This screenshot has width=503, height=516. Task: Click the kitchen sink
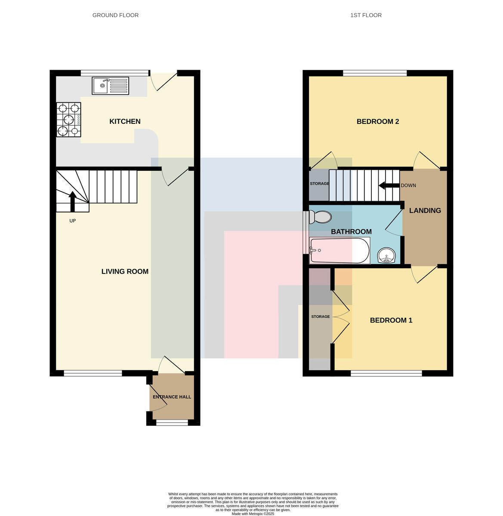[110, 86]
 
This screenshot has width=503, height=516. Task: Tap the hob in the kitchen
[68, 120]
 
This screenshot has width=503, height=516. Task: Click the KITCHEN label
[125, 121]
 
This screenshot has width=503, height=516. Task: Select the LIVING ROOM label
[125, 271]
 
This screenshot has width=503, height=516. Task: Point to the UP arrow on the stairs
[72, 202]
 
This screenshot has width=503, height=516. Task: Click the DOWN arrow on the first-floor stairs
[389, 185]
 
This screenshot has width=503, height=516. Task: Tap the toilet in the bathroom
[320, 217]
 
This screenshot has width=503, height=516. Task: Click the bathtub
[339, 251]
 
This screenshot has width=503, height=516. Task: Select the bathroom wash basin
[387, 255]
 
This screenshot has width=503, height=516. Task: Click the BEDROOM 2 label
[377, 121]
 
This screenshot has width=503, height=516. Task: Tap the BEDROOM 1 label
[391, 320]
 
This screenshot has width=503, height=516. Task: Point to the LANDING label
[425, 211]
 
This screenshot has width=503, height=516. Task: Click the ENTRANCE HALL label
[172, 397]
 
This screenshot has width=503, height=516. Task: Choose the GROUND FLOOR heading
[115, 15]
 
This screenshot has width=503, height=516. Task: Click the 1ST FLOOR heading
[366, 15]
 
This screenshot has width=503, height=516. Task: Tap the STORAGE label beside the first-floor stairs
[319, 184]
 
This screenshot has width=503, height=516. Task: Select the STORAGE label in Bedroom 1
[321, 316]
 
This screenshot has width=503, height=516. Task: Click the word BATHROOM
[351, 232]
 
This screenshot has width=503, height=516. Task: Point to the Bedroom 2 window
[375, 73]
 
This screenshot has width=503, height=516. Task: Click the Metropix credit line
[253, 513]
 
